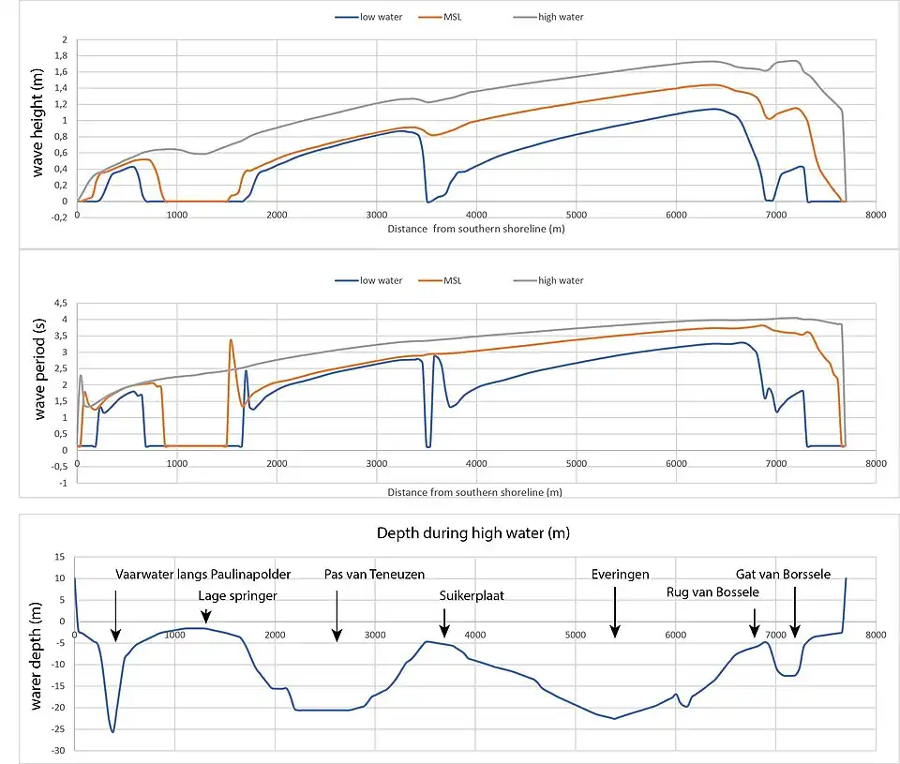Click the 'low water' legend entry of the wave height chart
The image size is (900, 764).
tap(381, 17)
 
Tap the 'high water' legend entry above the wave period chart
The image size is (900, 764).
tap(560, 280)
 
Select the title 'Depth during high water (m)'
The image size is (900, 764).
tap(473, 533)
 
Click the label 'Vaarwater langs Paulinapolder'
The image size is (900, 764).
tap(203, 574)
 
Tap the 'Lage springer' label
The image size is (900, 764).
tap(237, 594)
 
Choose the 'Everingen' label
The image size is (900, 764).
tap(620, 574)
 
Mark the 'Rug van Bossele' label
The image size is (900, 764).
tap(712, 592)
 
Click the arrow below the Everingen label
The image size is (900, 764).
tap(614, 613)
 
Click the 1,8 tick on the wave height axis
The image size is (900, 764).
tap(61, 56)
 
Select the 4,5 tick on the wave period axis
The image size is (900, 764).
tap(60, 303)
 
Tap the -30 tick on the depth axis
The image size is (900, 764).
tap(58, 751)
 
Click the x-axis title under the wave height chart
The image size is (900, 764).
tap(474, 229)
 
